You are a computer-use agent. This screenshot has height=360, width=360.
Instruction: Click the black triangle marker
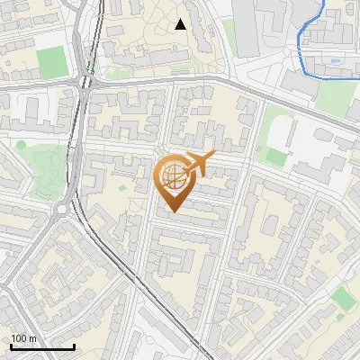click(x=181, y=24)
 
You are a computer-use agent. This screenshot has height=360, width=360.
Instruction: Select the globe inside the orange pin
click(x=172, y=176)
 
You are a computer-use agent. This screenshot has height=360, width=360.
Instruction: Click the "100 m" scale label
click(x=24, y=338)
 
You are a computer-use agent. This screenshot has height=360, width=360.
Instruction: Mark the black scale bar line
click(x=42, y=346)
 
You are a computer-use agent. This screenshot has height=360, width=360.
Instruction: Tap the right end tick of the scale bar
click(x=74, y=345)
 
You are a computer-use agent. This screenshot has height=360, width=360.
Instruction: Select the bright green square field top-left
click(x=52, y=60)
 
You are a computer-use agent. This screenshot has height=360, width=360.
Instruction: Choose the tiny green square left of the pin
click(x=122, y=188)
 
